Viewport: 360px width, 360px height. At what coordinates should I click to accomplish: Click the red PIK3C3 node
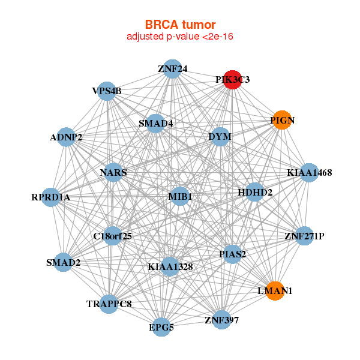click(233, 80)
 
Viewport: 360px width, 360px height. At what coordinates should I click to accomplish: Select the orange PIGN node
click(282, 120)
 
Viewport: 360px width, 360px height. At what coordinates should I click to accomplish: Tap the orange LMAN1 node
click(275, 290)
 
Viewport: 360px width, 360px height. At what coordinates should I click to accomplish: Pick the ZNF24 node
click(173, 69)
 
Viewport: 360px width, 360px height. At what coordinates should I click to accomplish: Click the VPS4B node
click(107, 91)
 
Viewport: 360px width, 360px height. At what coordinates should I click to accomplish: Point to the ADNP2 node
click(66, 137)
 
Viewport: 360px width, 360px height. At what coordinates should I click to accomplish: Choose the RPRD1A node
click(51, 197)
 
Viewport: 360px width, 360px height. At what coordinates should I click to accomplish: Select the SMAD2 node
click(63, 262)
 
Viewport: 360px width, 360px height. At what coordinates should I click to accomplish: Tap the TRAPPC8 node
click(109, 304)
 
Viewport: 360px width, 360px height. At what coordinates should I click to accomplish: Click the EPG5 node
click(161, 328)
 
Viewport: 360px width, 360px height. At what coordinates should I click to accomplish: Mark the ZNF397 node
click(221, 320)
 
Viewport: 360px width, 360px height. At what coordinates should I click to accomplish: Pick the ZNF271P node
click(304, 236)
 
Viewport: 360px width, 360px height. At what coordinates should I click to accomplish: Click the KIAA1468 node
click(309, 173)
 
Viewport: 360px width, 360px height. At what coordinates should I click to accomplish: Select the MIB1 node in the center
click(180, 196)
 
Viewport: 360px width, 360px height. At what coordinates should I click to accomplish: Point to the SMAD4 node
click(155, 124)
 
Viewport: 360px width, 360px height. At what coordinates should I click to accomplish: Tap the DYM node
click(220, 137)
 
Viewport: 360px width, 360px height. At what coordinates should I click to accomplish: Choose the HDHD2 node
click(255, 193)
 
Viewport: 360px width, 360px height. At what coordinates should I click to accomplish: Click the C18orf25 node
click(112, 236)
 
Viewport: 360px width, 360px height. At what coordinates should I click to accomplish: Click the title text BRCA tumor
click(180, 25)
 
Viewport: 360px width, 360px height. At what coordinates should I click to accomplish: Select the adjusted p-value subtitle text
click(180, 37)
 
